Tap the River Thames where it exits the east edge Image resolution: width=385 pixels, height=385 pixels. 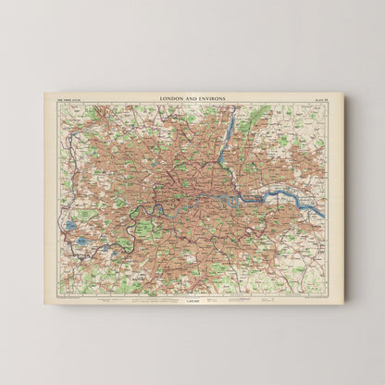point(322,214)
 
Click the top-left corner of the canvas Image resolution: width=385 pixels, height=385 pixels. point(43,92)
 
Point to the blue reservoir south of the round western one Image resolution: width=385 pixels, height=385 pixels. point(80,244)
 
